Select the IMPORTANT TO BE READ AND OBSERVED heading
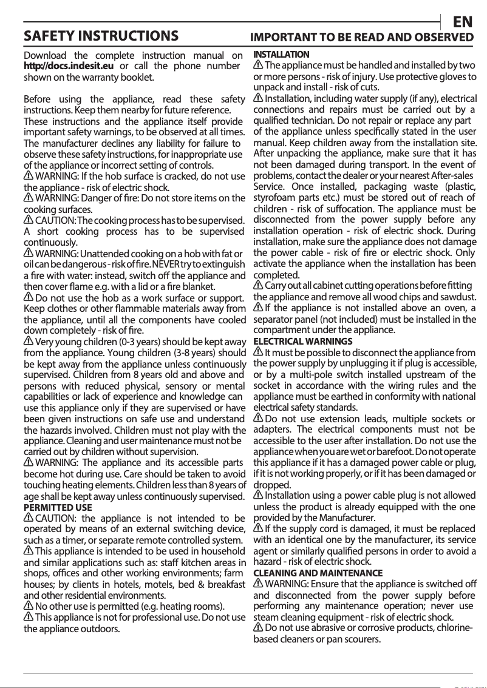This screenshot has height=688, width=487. pyautogui.click(x=363, y=37)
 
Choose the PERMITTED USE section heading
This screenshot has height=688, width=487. pyautogui.click(x=58, y=507)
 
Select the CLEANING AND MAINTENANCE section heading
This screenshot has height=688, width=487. pyautogui.click(x=318, y=573)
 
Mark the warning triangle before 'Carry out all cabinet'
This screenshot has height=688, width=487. pyautogui.click(x=258, y=285)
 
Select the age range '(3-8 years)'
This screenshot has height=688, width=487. pyautogui.click(x=192, y=353)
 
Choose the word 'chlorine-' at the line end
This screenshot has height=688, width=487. pyautogui.click(x=451, y=628)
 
